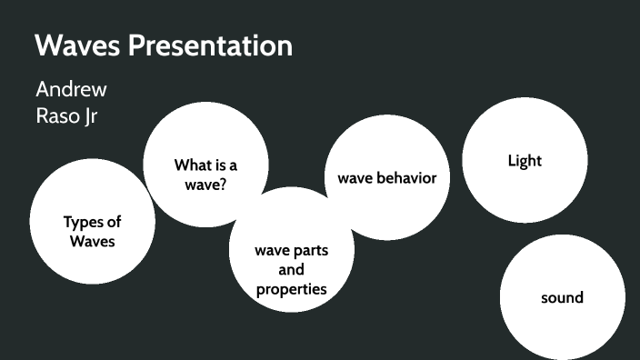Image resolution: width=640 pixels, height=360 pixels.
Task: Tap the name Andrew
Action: point(71,90)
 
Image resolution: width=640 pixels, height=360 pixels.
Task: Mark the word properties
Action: point(291,290)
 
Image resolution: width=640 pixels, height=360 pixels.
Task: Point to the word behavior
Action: point(406,177)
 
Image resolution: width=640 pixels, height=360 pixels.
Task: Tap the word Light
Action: point(525,161)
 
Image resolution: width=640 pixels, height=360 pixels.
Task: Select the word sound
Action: point(562,297)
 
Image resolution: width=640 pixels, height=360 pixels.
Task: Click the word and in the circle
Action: point(291,270)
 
